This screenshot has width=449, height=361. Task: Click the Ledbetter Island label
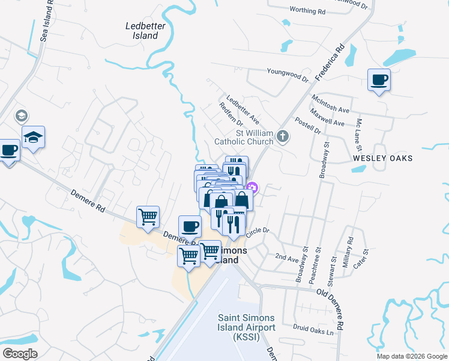(142, 31)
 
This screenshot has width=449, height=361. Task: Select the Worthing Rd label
(307, 11)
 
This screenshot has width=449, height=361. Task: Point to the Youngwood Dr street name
(288, 74)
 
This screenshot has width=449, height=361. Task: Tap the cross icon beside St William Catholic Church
(283, 137)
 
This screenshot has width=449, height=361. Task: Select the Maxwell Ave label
(327, 118)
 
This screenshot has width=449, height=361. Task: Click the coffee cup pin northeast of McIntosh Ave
(379, 80)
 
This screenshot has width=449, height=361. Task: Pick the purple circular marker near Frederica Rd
(252, 188)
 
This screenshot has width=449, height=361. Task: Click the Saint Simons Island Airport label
(246, 327)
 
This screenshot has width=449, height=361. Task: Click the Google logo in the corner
(20, 353)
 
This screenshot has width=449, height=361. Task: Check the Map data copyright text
(411, 356)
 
